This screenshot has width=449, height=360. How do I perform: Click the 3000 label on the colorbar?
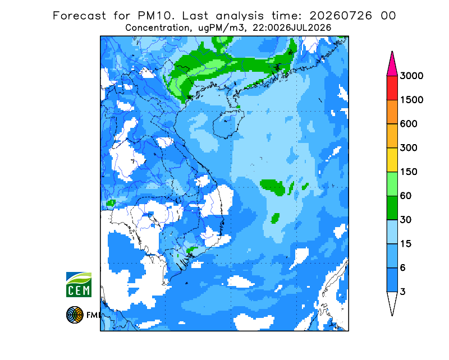click(x=411, y=76)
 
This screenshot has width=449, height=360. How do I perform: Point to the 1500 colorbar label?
click(x=411, y=100)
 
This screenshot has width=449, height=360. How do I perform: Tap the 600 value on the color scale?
click(x=409, y=124)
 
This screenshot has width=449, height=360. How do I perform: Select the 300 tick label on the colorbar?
click(x=409, y=148)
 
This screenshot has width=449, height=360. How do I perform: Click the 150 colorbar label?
click(x=409, y=172)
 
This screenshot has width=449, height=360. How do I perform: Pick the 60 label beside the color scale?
click(x=406, y=196)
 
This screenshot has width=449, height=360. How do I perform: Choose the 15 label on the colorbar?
click(x=406, y=244)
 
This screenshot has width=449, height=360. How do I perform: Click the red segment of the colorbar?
click(x=392, y=88)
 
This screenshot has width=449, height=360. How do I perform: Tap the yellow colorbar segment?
click(x=392, y=160)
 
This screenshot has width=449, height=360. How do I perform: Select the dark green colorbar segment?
click(x=392, y=208)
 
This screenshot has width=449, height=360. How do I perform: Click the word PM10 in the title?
click(x=155, y=16)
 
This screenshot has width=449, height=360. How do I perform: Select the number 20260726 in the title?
click(x=341, y=16)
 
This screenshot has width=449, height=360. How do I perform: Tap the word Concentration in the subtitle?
click(x=157, y=28)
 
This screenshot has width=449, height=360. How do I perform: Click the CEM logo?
click(x=79, y=284)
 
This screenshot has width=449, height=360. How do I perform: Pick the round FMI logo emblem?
click(x=75, y=315)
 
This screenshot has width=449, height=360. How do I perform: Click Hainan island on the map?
click(x=228, y=124)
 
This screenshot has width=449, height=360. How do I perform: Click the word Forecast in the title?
click(x=79, y=16)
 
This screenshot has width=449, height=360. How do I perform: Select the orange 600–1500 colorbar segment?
click(x=392, y=112)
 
